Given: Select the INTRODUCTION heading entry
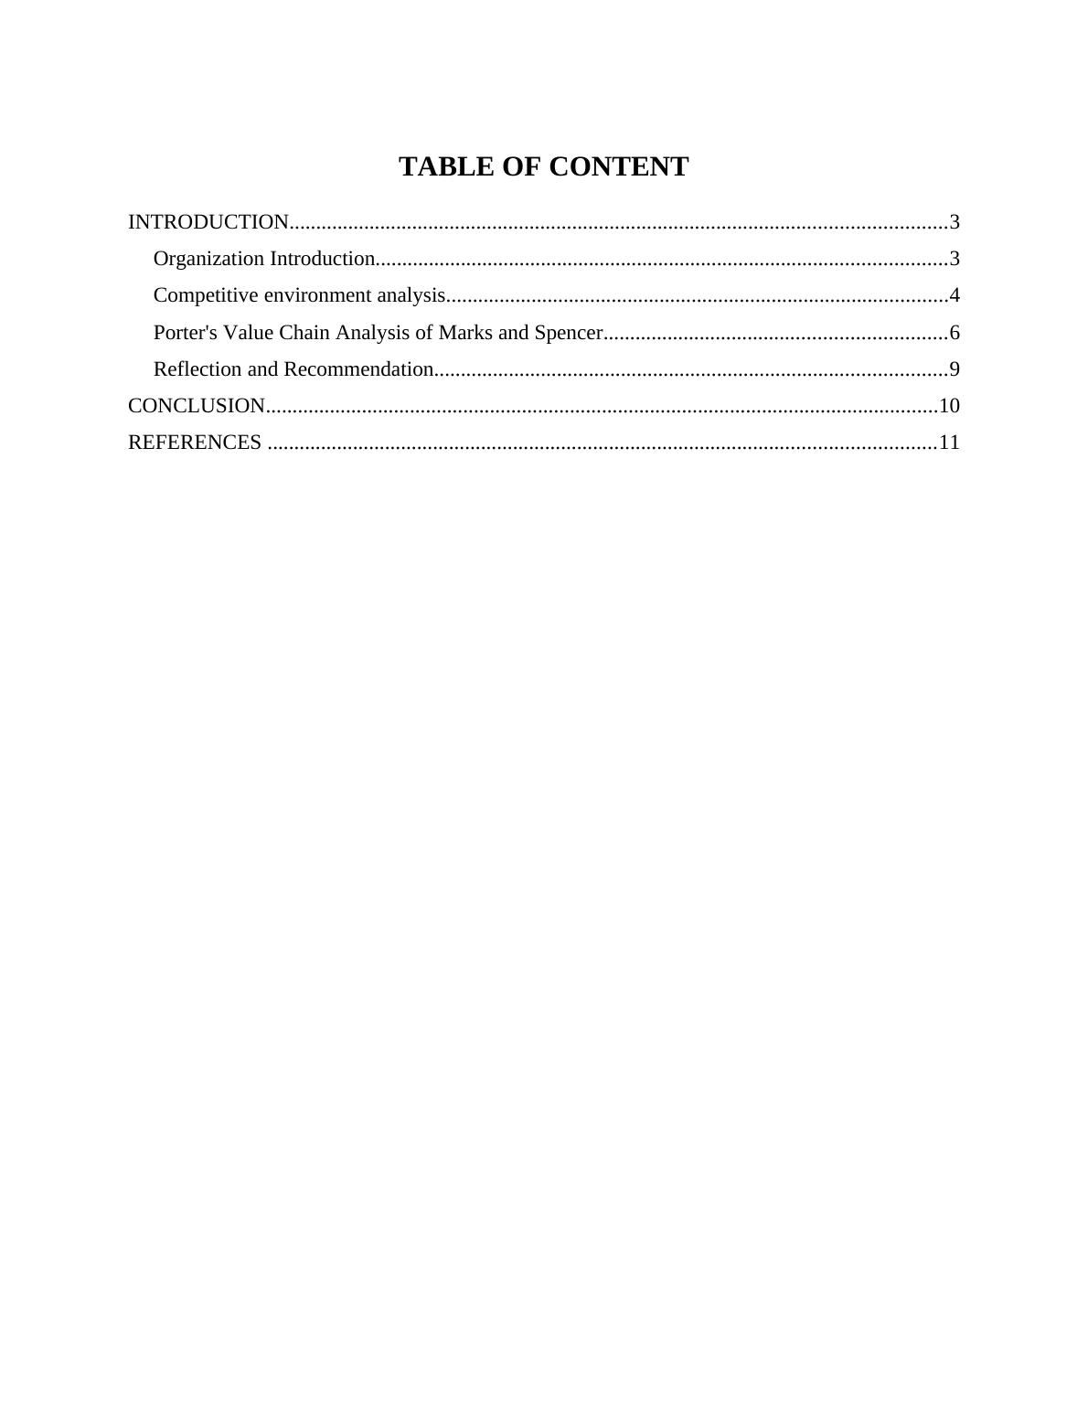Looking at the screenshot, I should coord(208,222).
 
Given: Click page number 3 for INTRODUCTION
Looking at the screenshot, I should coord(955,222).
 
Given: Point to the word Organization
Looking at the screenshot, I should coord(208,259).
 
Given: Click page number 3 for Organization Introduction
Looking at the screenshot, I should coord(955,259).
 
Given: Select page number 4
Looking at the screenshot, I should coord(955,295).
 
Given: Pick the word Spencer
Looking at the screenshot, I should coord(568,332).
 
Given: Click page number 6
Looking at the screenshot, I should coord(955,332).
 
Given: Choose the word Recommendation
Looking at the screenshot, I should coord(358,369).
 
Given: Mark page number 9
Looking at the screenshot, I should coord(955,369).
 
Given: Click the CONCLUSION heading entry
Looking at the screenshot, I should coord(197,405).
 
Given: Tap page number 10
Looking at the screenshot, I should coord(949,405).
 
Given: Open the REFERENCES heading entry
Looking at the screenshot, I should coord(195,443).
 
